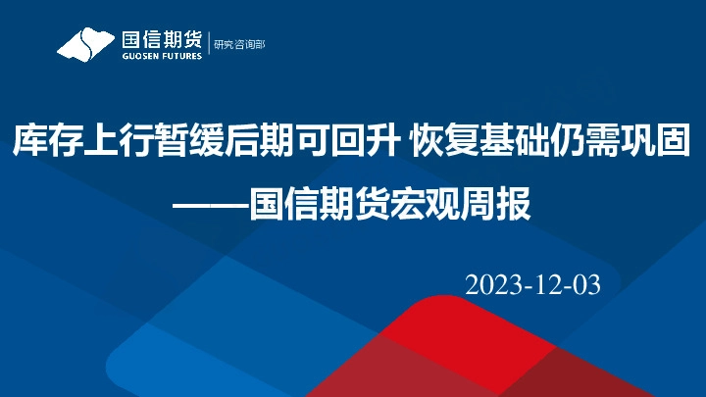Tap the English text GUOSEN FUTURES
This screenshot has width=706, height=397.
(161, 56)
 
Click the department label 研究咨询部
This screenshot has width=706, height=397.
(239, 44)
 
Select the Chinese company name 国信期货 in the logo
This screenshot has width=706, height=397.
(161, 39)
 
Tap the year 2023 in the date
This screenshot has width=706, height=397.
(494, 285)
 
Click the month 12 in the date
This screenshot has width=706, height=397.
(546, 285)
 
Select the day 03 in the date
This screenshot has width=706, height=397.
(584, 285)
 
